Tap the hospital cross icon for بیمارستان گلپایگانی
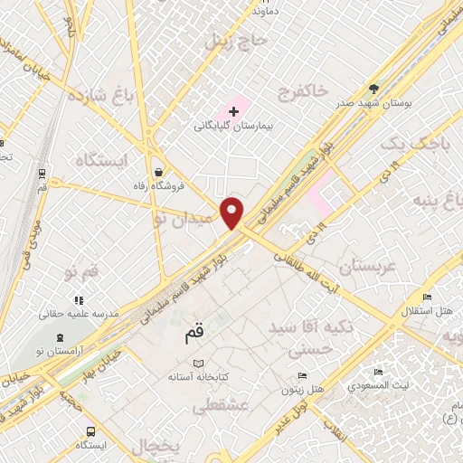click(233, 111)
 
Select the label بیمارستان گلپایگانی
click(232, 127)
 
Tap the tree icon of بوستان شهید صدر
click(373, 89)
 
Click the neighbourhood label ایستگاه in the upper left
click(103, 160)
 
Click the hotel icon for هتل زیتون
click(302, 375)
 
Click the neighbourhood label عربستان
click(366, 267)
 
